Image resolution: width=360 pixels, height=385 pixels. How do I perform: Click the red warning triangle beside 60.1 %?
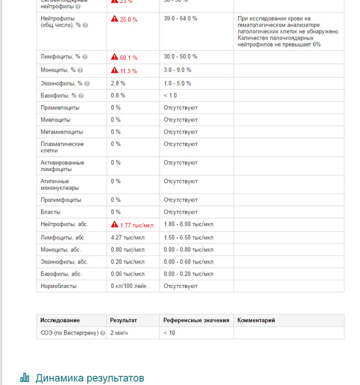coord(114,57)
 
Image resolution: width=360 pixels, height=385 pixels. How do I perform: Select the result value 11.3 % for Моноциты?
coord(128,70)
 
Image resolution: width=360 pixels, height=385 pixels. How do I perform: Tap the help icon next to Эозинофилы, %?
coord(87,83)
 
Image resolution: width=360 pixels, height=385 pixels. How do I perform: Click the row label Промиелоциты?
coord(60,107)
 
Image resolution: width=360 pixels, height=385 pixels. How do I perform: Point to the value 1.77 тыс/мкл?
coord(136,225)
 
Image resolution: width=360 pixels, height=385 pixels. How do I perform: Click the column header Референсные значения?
coord(196,320)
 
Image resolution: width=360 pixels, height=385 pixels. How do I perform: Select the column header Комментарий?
coord(256,320)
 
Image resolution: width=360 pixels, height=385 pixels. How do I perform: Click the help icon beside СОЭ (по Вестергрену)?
coord(102,333)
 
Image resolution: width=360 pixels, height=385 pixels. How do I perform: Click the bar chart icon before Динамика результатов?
coord(24,377)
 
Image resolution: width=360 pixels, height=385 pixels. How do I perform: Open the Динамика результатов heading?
coord(89,377)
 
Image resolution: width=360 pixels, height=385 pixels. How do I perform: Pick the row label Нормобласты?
coord(58,286)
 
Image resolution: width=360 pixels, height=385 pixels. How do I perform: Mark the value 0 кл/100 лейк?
coord(129,286)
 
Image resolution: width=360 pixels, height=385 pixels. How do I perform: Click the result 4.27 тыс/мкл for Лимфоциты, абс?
coord(127,237)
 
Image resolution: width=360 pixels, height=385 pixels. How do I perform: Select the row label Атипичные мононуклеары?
coord(60,184)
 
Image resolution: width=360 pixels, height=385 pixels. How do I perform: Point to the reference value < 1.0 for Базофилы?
coord(170,95)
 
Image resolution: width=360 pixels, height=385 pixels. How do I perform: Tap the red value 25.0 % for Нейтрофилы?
coord(128,19)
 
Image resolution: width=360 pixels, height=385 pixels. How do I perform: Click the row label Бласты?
coord(50,212)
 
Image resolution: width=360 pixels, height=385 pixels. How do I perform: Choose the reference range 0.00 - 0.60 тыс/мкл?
coord(188,261)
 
